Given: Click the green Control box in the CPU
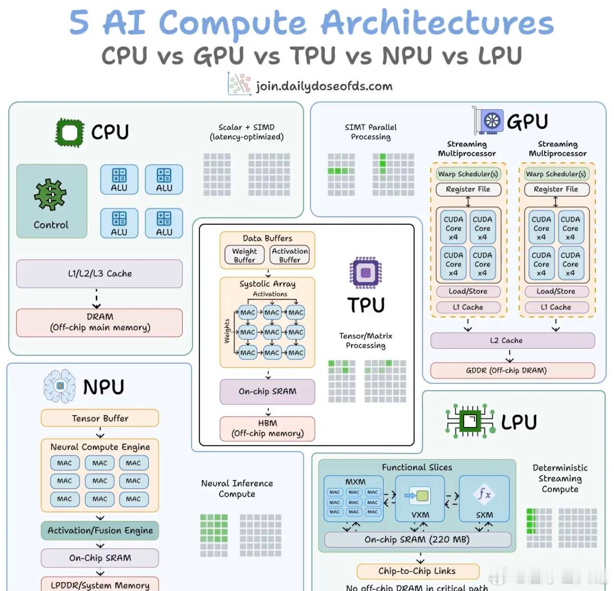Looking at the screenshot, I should click(52, 201).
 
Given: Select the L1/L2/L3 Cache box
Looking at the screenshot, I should click(100, 273).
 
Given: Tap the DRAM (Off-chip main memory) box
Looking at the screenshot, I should click(100, 322).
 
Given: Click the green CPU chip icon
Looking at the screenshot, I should click(69, 133).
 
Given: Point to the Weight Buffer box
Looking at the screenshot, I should click(244, 255).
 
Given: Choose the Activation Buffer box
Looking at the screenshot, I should click(289, 255).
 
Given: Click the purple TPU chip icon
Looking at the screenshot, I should click(366, 272).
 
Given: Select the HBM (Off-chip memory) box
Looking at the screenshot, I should click(267, 428).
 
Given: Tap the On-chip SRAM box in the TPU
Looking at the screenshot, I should click(267, 392).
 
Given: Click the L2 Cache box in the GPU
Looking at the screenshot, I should click(512, 340).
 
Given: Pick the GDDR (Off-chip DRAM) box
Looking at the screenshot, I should click(512, 370).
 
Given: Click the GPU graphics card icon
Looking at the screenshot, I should click(488, 121).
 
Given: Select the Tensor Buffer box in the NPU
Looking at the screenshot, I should click(100, 418).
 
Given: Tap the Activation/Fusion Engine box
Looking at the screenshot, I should click(100, 531).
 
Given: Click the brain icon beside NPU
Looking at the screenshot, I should click(60, 386).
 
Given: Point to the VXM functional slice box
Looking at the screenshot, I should click(420, 498).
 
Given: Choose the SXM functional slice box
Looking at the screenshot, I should click(484, 498).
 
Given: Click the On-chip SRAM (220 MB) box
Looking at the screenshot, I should click(417, 539).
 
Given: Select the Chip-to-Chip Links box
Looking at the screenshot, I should click(417, 571).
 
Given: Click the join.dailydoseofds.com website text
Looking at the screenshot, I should click(324, 86).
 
